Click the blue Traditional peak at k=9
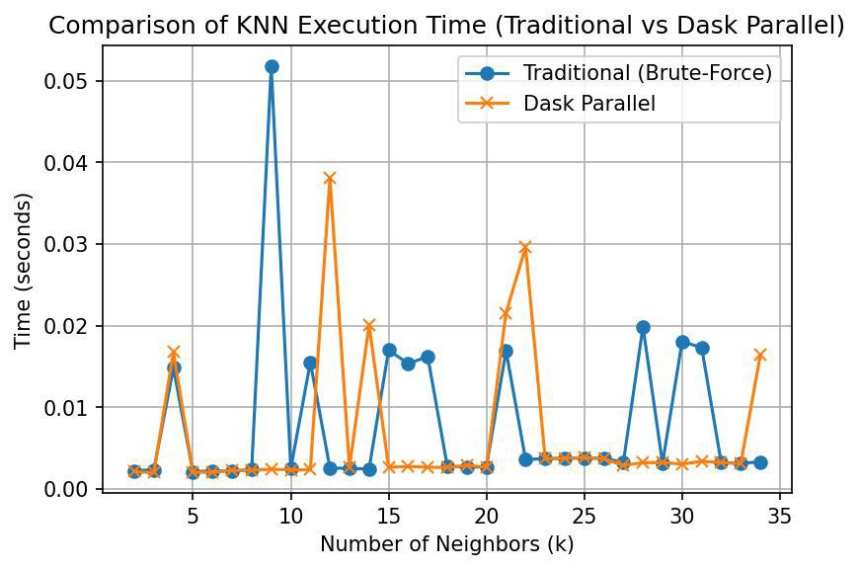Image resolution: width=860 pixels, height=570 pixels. (x=272, y=67)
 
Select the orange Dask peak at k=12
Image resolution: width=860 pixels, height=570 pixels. (x=330, y=179)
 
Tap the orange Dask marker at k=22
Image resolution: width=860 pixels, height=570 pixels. (x=525, y=248)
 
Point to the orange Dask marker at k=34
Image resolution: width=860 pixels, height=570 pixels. (x=760, y=355)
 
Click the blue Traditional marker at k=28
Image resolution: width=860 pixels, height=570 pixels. (x=643, y=327)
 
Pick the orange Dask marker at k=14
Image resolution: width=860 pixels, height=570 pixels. (x=369, y=325)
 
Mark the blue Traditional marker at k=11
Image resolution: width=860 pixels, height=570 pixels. (x=310, y=363)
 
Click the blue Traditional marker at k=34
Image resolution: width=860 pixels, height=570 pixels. (x=760, y=462)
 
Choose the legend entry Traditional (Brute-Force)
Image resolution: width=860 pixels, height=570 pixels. (x=648, y=73)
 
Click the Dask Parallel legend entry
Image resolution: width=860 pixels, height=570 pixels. (x=589, y=104)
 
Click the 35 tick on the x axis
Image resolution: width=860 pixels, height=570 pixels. (x=780, y=516)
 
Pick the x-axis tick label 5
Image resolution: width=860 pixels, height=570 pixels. (x=193, y=516)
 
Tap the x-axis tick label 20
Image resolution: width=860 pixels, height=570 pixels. (x=486, y=516)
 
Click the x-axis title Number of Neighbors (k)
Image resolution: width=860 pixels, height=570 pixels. (x=446, y=544)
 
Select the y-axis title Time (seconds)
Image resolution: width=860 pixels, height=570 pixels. (x=24, y=271)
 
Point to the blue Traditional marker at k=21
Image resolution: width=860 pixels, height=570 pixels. (x=506, y=351)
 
